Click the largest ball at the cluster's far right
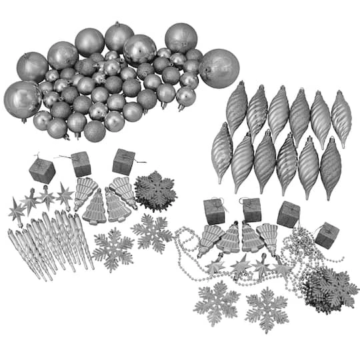click(x=219, y=67)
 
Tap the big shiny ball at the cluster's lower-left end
click(x=23, y=99)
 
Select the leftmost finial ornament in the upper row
click(x=236, y=108)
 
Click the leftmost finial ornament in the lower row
click(x=221, y=153)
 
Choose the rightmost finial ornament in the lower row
click(x=331, y=167)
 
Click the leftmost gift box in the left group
click(x=42, y=171)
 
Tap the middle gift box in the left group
click(x=81, y=164)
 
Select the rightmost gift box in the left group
click(x=123, y=162)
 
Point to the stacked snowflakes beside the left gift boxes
click(x=155, y=191)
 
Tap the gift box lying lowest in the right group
click(x=327, y=235)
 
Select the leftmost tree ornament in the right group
click(x=209, y=239)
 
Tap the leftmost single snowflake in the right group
click(x=216, y=303)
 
